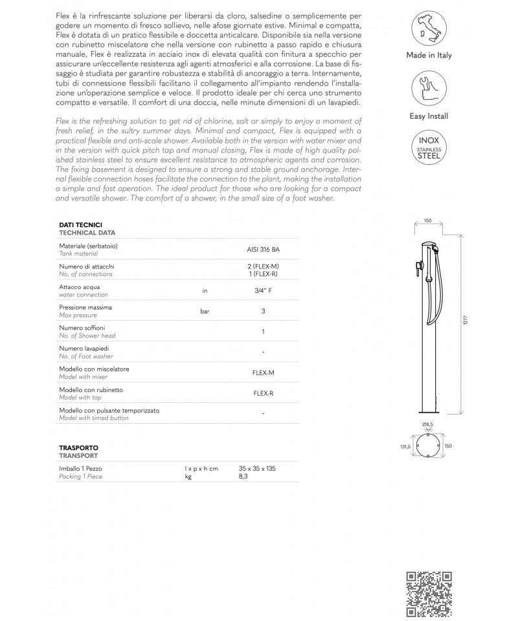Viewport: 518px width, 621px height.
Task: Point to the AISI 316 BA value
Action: click(264, 250)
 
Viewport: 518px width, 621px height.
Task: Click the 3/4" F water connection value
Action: click(264, 291)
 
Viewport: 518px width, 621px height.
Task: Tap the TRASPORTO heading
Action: click(78, 447)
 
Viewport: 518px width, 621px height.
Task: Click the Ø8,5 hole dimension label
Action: click(427, 424)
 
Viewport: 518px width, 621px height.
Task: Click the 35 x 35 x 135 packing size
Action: click(257, 468)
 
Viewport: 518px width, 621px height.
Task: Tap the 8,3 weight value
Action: click(243, 476)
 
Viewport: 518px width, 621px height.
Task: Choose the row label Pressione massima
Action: click(85, 307)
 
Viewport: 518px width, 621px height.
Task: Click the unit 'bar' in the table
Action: click(205, 311)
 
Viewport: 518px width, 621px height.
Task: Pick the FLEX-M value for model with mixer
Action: click(264, 373)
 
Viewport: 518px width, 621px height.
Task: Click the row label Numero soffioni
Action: click(82, 328)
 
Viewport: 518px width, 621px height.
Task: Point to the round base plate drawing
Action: click(428, 446)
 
